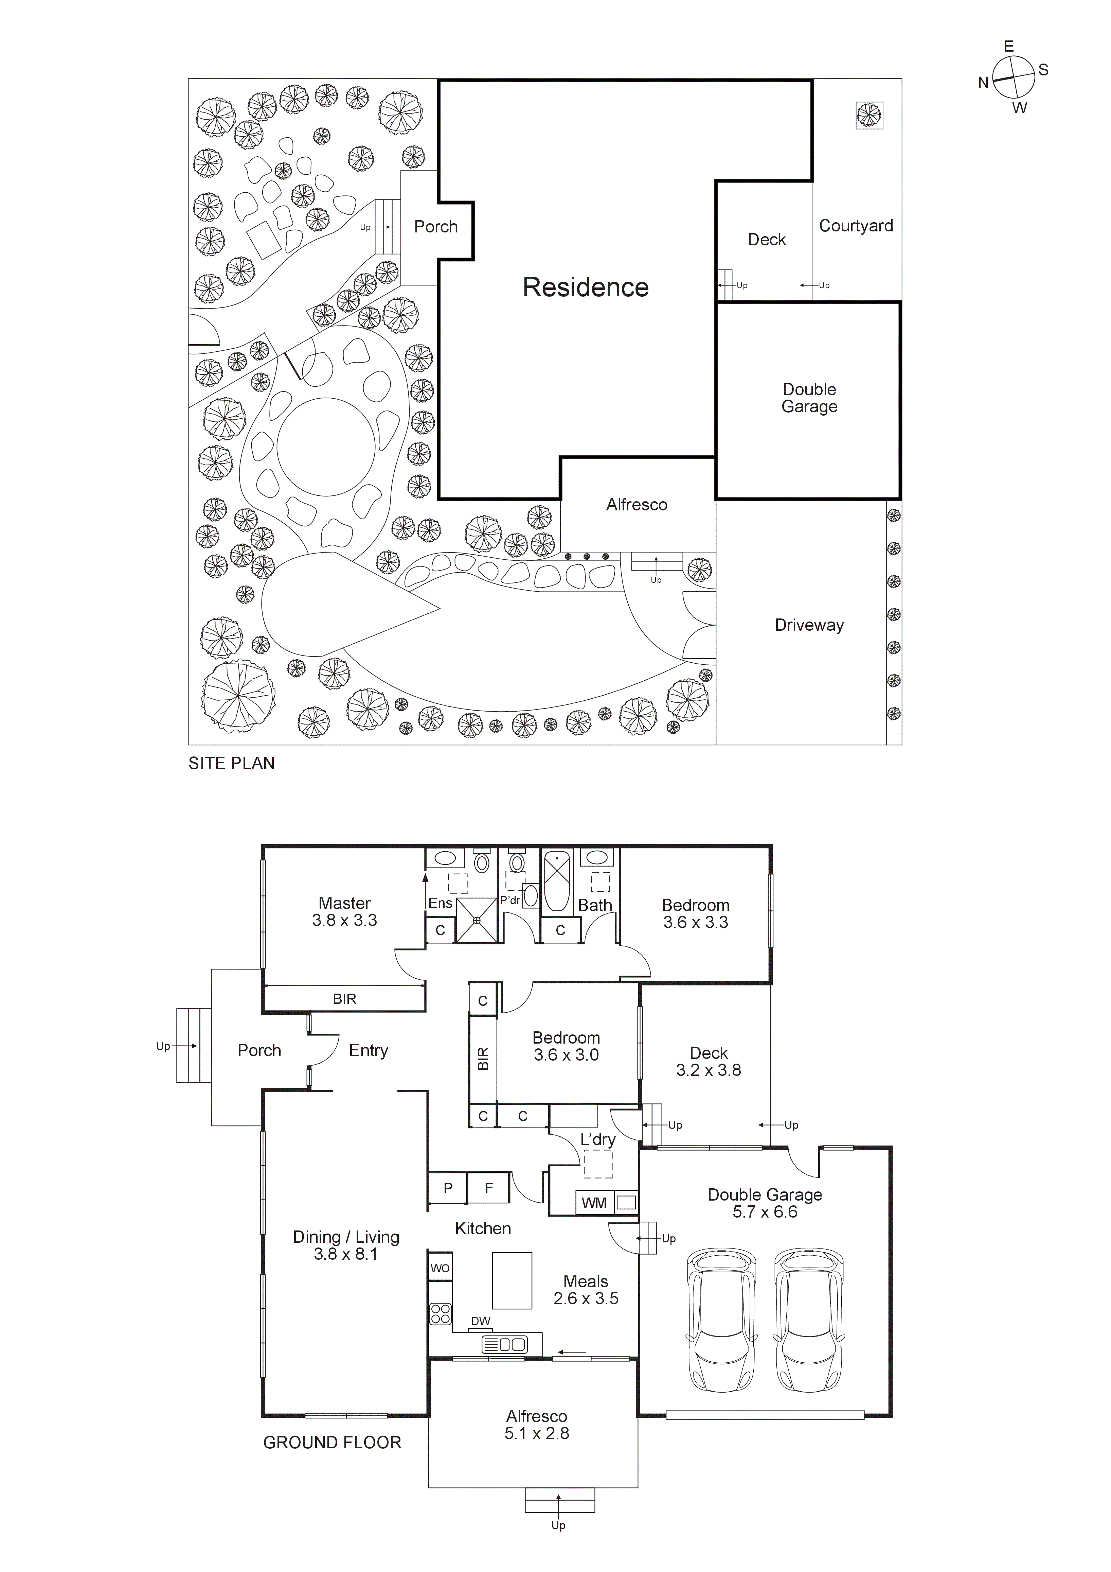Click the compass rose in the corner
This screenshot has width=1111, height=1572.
pos(1013,77)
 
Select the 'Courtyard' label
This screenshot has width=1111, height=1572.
pos(856,226)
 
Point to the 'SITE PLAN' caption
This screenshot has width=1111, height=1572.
pos(231,764)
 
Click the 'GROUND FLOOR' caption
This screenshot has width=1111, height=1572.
pos(332,1443)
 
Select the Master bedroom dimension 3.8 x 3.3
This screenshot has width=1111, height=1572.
pos(344,921)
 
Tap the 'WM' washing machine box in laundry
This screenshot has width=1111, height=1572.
pos(593,1202)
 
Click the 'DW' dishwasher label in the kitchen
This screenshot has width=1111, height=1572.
pos(481,1321)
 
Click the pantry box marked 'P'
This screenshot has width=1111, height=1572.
pos(448,1188)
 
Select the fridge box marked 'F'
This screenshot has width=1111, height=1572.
pos(489,1188)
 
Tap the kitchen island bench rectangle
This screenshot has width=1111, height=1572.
pos(512,1280)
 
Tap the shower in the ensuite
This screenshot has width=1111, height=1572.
pos(477,920)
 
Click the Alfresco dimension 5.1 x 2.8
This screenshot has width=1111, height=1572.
pos(537,1433)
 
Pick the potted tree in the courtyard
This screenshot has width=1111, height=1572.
pos(869,115)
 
